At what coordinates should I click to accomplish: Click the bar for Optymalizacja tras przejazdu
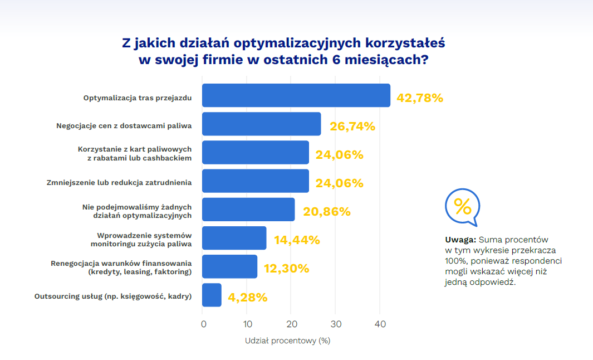[x=296, y=95]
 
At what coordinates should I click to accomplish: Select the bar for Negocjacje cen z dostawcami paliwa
[x=261, y=124]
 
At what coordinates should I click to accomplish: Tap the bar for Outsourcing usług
[x=212, y=295]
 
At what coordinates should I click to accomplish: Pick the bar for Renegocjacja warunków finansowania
[x=229, y=266]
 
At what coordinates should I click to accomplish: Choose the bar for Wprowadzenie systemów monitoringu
[x=234, y=238]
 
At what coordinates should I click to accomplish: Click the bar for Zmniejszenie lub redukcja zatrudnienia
[x=255, y=181]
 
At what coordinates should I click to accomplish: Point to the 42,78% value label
[x=420, y=98]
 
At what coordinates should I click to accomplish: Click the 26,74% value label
[x=352, y=127]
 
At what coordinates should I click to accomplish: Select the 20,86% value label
[x=327, y=212]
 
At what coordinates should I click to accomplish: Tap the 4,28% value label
[x=248, y=298]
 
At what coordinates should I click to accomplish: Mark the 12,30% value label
[x=286, y=269]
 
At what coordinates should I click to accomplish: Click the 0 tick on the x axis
[x=204, y=324]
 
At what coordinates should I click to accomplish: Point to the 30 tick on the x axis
[x=335, y=324]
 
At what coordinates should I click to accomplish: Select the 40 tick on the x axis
[x=380, y=324]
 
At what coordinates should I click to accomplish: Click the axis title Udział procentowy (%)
[x=288, y=340]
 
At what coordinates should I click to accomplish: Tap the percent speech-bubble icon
[x=462, y=206]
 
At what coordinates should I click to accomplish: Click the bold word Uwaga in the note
[x=460, y=240]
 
